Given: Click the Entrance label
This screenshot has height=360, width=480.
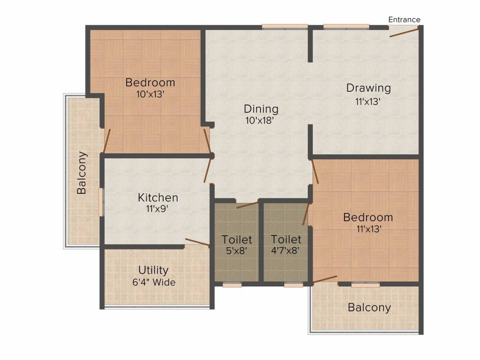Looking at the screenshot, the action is (x=404, y=20).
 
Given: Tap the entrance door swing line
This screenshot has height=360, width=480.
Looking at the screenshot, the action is (x=404, y=32).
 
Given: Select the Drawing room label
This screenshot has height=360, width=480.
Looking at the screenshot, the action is (x=368, y=88).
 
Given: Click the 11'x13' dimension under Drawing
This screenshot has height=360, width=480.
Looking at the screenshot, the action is (x=367, y=101).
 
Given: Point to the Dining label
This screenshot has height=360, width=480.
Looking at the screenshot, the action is (x=261, y=109).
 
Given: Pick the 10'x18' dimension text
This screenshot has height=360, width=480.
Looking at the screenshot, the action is (x=259, y=120).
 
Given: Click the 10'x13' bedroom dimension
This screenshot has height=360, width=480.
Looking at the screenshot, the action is (x=150, y=94).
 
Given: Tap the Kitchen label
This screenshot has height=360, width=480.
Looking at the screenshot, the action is (x=158, y=198).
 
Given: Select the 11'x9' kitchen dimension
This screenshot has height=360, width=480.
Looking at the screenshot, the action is (x=157, y=209).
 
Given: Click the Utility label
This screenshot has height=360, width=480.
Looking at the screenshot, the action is (x=153, y=270).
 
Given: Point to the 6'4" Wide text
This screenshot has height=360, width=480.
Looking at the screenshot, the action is (x=154, y=282).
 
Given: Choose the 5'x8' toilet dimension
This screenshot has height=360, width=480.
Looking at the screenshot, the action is (x=236, y=251).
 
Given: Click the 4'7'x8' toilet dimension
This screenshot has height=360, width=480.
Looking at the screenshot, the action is (x=285, y=251).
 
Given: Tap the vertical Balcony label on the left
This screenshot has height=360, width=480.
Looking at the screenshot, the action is (x=82, y=172).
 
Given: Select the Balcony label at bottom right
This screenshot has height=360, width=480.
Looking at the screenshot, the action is (x=369, y=307).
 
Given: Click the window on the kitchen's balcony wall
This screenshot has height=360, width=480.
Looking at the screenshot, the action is (x=101, y=202).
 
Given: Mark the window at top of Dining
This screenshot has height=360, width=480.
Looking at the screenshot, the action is (x=285, y=27).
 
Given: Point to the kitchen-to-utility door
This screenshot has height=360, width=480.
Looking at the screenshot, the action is (x=197, y=242).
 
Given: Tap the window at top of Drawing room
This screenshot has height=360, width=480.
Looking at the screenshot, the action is (x=346, y=27).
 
